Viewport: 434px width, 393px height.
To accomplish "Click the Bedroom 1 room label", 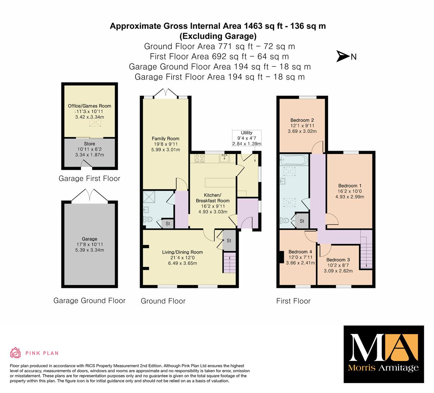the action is (349, 186).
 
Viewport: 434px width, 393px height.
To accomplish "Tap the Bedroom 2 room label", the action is (302, 120).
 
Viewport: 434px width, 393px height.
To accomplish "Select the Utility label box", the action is (247, 138).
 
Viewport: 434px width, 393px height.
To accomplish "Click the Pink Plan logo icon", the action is (16, 353).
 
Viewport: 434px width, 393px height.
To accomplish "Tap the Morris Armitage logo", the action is (384, 354).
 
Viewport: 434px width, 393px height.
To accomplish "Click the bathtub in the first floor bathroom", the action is (294, 160).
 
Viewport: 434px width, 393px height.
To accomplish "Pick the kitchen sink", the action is (224, 158).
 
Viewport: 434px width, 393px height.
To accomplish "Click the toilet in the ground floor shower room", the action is (148, 220).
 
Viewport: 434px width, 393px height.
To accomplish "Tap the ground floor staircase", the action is (229, 263).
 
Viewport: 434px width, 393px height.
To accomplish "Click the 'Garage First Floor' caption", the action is (89, 179).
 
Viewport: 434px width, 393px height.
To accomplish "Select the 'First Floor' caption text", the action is (293, 301).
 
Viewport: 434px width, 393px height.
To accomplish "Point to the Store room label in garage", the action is (89, 144).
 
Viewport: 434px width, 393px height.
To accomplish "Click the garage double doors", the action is (89, 196).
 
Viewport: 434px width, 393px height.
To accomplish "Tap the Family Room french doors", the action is (165, 93).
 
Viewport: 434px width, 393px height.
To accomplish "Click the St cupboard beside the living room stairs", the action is (229, 241).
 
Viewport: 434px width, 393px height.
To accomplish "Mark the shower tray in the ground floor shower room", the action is (149, 197).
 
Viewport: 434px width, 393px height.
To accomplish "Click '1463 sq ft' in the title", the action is (263, 26).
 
